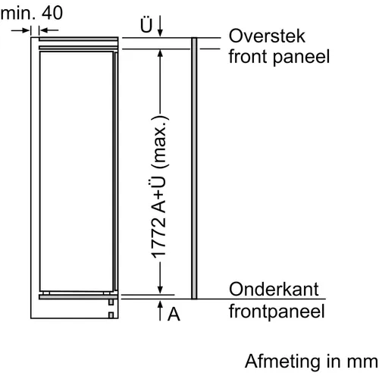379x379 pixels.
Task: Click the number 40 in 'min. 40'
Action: (52, 13)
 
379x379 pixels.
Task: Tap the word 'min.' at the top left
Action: (17, 13)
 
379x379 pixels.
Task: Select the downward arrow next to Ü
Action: (160, 26)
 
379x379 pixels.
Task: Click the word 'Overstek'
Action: (267, 36)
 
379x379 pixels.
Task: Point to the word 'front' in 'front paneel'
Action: (248, 56)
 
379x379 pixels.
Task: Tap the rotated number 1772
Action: (158, 237)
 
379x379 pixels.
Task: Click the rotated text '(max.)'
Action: (160, 142)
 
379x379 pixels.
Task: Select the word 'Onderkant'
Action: (274, 289)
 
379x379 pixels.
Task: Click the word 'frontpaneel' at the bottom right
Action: (277, 312)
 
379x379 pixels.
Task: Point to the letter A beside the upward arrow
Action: (174, 314)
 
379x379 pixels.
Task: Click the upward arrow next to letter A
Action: (160, 311)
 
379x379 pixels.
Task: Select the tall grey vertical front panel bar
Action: (194, 168)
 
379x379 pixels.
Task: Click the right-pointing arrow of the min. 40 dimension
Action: (20, 30)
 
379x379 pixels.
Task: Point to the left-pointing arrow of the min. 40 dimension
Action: (49, 30)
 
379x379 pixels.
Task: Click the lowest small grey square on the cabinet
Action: (111, 315)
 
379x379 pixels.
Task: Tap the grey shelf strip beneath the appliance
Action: (78, 297)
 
